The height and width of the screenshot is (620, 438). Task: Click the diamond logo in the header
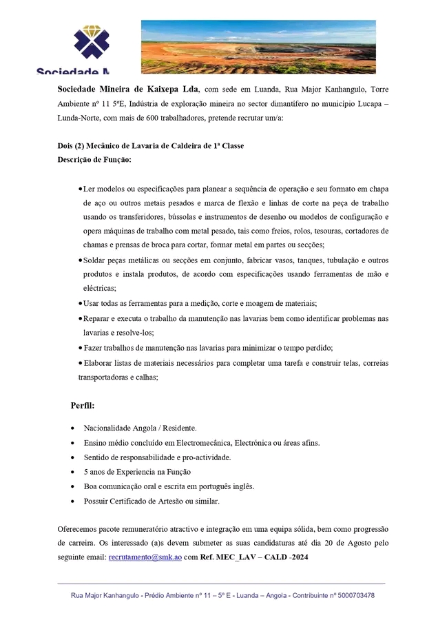coord(92,43)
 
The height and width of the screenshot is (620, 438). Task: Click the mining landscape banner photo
coord(258,46)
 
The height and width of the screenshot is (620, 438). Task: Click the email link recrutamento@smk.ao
coord(145,556)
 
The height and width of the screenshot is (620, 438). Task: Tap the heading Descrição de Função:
coord(94,159)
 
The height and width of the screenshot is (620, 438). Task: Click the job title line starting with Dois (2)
coord(150,146)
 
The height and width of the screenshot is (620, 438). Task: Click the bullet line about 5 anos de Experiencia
coord(136,472)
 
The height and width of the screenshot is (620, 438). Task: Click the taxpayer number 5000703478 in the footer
coord(351,595)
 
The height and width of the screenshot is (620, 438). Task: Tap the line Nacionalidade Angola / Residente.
coord(140,427)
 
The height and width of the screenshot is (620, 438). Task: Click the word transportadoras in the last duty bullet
coord(105,377)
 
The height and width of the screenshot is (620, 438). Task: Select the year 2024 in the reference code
coord(300,556)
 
